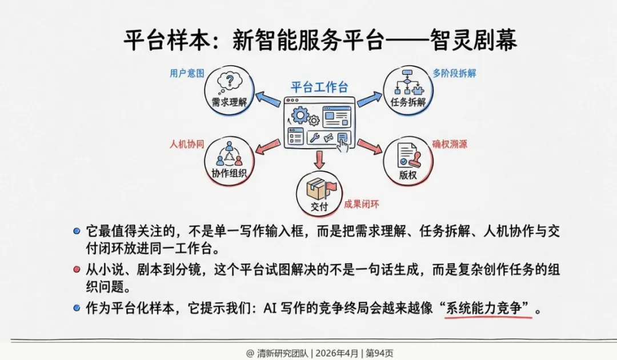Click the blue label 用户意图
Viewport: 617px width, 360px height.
(x=186, y=74)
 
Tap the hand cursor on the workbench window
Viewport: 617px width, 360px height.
(x=343, y=142)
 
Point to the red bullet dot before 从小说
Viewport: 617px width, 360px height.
(x=77, y=270)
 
